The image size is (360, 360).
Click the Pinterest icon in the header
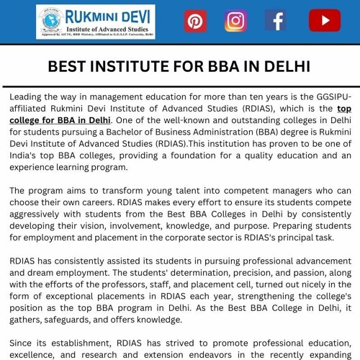(195, 21)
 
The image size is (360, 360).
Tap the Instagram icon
(235, 21)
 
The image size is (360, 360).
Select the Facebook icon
(276, 21)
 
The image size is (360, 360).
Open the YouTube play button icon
(324, 21)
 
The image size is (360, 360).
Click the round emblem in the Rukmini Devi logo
(49, 20)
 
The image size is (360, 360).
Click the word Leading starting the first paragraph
(29, 96)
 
